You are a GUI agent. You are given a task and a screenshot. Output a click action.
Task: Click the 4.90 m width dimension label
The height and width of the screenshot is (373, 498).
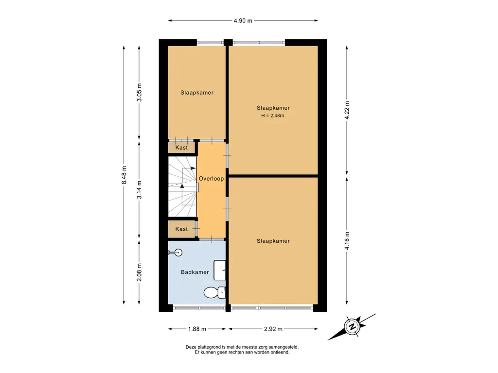coord(243,21)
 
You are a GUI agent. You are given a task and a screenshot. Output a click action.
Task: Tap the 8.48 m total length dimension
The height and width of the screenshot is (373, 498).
coord(124,175)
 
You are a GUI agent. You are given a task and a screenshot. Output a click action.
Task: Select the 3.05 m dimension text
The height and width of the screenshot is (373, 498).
coord(139,92)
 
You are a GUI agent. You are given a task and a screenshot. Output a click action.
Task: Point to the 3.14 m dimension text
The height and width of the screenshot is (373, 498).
coord(139,190)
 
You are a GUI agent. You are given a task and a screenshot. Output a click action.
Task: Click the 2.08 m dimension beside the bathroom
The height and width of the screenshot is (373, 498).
coord(139,272)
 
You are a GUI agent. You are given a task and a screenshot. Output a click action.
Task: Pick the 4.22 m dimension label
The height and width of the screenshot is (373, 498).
coord(347,110)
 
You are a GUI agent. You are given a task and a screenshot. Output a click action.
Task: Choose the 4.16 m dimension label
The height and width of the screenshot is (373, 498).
coord(347,241)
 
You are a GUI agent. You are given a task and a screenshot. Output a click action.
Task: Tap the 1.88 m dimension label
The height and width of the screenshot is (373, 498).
coord(197,329)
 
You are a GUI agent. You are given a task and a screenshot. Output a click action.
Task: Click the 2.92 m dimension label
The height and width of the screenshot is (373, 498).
coord(273,329)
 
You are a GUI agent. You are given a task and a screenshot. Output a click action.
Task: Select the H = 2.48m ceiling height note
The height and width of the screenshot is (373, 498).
coord(273,116)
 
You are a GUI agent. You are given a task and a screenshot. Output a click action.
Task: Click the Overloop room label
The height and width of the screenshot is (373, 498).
coord(211,179)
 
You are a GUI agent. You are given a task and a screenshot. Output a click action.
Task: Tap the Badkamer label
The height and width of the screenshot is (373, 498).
coord(195,272)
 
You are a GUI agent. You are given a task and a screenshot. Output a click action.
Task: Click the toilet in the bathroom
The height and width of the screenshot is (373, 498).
coord(214,292)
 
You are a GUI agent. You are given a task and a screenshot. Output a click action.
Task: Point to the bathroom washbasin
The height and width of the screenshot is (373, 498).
coord(219,270)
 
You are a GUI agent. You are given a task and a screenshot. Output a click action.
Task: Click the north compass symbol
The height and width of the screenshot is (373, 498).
coord(352,327)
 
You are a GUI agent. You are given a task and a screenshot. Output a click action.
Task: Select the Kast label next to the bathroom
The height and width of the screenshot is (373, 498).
coord(182,229)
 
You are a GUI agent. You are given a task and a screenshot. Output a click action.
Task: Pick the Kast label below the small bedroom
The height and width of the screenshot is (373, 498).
coord(182,148)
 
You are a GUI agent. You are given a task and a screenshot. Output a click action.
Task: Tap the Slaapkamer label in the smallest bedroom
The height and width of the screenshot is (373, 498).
coord(197,93)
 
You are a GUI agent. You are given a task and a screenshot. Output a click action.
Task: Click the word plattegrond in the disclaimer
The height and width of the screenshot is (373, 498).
coord(213,347)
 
